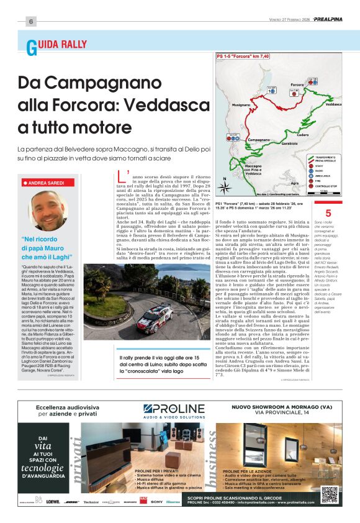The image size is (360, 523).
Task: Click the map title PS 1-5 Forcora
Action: (243, 56)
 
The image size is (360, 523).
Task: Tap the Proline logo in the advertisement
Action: (174, 409)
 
